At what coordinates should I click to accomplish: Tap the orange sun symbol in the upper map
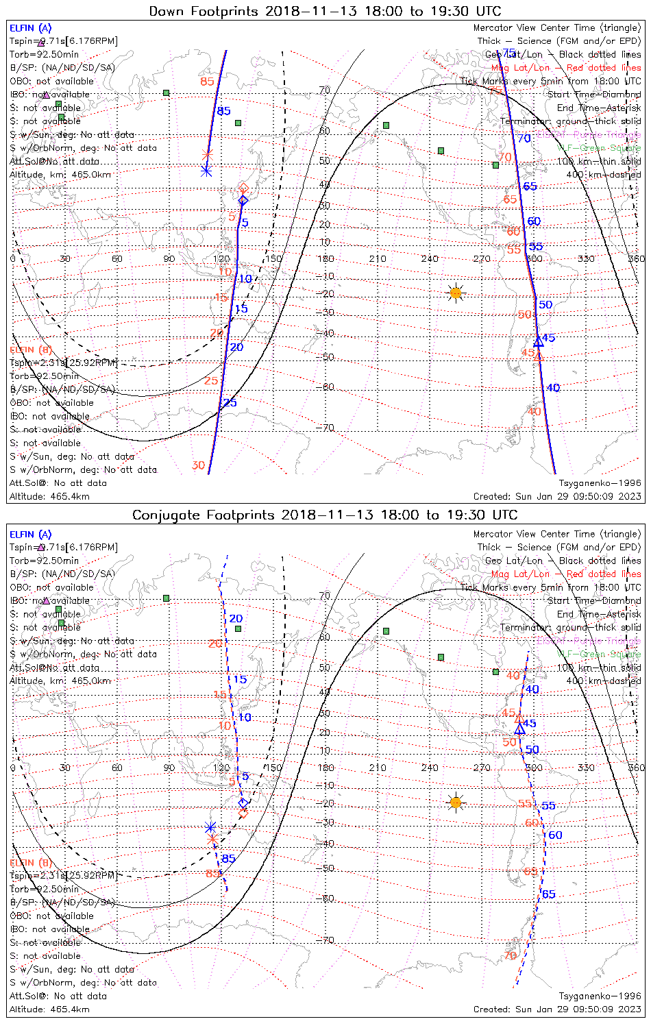[456, 293]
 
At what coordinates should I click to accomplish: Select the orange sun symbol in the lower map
[456, 802]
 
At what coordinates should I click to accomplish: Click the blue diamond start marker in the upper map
[243, 200]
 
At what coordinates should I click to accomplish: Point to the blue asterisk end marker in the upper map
[206, 171]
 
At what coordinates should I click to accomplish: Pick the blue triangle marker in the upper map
[539, 341]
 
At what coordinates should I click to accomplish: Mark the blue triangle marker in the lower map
[519, 729]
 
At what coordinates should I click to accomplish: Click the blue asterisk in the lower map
[211, 827]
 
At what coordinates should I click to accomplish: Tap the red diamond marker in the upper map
[243, 188]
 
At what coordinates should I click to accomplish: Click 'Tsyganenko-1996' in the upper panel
[600, 483]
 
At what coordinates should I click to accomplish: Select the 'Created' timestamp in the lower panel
[557, 1009]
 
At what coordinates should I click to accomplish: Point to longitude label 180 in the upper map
[325, 259]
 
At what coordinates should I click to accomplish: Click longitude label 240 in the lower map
[430, 768]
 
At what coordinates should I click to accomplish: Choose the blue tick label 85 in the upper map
[224, 111]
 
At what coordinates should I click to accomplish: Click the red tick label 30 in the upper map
[198, 465]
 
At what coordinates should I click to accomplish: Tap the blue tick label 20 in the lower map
[236, 619]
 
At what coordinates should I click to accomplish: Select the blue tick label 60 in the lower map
[555, 835]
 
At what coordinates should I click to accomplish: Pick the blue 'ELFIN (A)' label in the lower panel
[31, 535]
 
